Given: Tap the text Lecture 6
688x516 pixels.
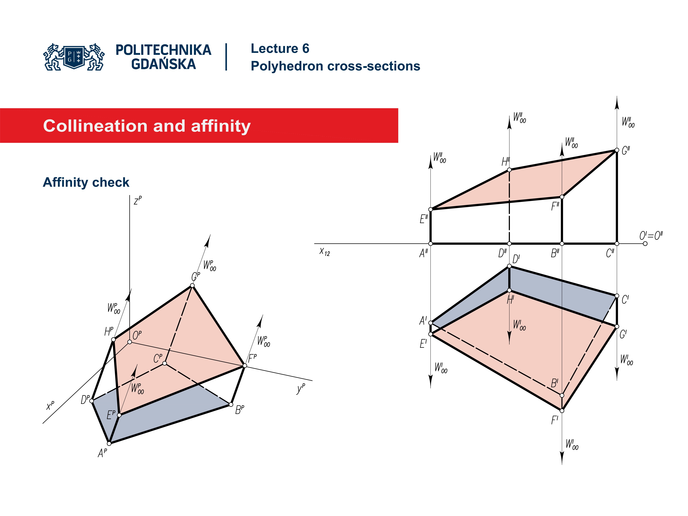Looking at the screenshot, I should (x=280, y=49).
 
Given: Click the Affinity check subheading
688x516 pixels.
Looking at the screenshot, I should (x=86, y=182).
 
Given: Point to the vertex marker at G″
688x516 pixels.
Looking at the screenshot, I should (x=617, y=150).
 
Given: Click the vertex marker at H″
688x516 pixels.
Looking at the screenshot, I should (x=509, y=170).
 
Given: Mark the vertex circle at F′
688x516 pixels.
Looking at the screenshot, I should (x=562, y=411).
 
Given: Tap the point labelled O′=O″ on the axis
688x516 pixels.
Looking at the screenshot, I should (x=645, y=243).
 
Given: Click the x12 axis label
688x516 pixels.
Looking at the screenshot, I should (x=324, y=252).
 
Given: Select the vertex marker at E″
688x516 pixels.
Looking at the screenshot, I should (x=431, y=209).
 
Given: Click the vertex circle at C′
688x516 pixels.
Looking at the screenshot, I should (x=617, y=296).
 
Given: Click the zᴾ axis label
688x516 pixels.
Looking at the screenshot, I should (x=137, y=201).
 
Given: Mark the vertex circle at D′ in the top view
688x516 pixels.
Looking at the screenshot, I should (x=509, y=266).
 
